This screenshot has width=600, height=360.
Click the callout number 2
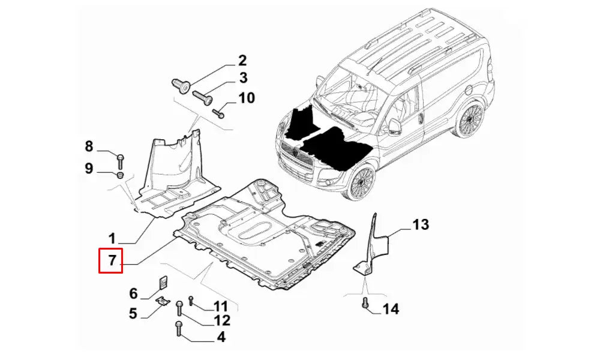coord(242,60)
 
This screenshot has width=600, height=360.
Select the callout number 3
coord(243,77)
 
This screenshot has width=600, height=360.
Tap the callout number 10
coord(247,98)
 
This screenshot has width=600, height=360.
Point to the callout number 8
coord(89,146)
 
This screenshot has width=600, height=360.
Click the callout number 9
coord(89,169)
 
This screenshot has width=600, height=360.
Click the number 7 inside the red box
coord(111,261)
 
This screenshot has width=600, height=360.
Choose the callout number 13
coord(421,225)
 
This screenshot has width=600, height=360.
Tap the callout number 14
coord(391,309)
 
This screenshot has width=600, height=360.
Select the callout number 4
coord(221,338)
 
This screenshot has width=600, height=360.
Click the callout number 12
coord(222,322)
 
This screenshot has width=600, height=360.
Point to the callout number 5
coord(133,313)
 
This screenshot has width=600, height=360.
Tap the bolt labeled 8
coord(120,160)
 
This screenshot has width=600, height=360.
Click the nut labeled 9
coord(119,175)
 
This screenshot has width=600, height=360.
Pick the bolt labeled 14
coord(365,304)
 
